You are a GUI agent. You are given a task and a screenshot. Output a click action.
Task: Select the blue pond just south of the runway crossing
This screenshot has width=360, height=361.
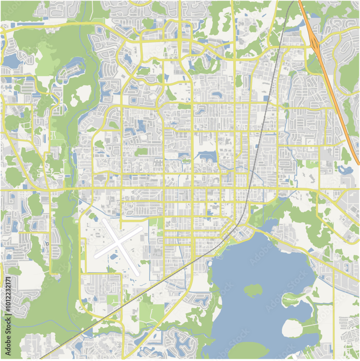[x=114, y=257]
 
